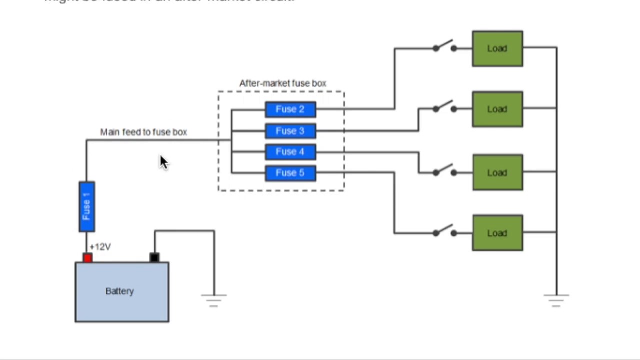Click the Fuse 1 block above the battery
point(87,207)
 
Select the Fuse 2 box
point(290,109)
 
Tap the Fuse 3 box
point(290,131)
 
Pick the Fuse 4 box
point(290,152)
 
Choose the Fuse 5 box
point(290,173)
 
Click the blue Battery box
point(122,292)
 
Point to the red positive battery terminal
point(87,258)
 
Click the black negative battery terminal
point(154,257)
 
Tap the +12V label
point(100,247)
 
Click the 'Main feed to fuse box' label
point(143,132)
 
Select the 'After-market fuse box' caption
point(283,83)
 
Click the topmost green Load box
point(497,49)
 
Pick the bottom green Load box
point(497,233)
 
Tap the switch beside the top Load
point(444,47)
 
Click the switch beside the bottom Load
point(444,231)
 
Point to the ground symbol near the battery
point(214,300)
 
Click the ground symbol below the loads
point(556,300)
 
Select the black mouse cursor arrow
point(164,162)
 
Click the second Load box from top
point(497,109)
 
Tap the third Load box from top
point(497,173)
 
